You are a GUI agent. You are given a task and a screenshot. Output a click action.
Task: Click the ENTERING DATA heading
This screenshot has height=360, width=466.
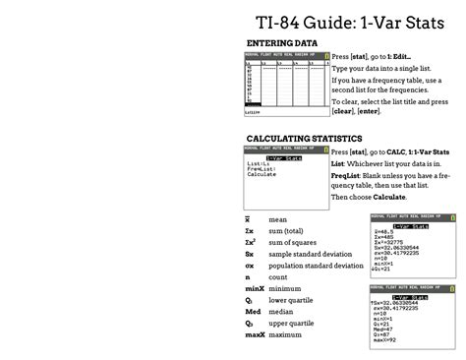pyautogui.click(x=281, y=44)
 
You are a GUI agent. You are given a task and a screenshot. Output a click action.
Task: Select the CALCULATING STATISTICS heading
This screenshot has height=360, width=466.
pyautogui.click(x=304, y=139)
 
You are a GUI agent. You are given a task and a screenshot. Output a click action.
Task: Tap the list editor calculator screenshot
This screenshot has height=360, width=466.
pyautogui.click(x=286, y=86)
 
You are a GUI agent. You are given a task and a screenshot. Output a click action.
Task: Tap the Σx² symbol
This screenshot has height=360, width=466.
pyautogui.click(x=251, y=242)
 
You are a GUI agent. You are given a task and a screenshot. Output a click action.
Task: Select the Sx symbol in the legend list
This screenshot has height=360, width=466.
pyautogui.click(x=250, y=254)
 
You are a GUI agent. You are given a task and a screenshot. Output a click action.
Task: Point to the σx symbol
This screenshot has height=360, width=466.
pyautogui.click(x=250, y=266)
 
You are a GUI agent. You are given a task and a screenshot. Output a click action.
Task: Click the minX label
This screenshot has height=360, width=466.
pyautogui.click(x=254, y=288)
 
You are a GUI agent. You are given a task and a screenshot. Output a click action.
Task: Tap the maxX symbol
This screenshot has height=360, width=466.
pyautogui.click(x=255, y=334)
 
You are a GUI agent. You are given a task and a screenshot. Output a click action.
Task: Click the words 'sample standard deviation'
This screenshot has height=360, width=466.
pyautogui.click(x=310, y=254)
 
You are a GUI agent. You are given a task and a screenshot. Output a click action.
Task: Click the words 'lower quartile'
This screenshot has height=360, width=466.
pyautogui.click(x=292, y=300)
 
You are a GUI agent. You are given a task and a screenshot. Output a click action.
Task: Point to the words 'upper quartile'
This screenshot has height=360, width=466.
pyautogui.click(x=292, y=323)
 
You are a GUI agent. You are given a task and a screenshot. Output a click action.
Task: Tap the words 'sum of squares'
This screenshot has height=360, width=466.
pyautogui.click(x=292, y=242)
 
